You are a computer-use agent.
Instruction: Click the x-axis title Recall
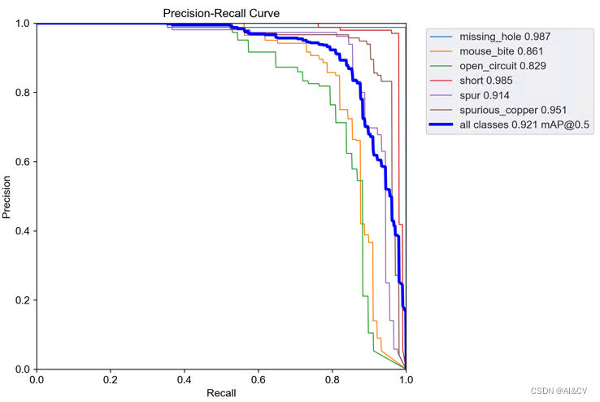pos(220,393)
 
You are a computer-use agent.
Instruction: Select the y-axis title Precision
pos(7,197)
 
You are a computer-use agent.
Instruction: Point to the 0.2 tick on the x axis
pos(111,378)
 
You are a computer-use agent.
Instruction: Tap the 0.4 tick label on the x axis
pos(184,378)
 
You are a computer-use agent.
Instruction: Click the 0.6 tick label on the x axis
pos(259,378)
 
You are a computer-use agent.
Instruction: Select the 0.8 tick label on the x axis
pos(332,378)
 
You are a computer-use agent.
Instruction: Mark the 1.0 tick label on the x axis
pos(406,378)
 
